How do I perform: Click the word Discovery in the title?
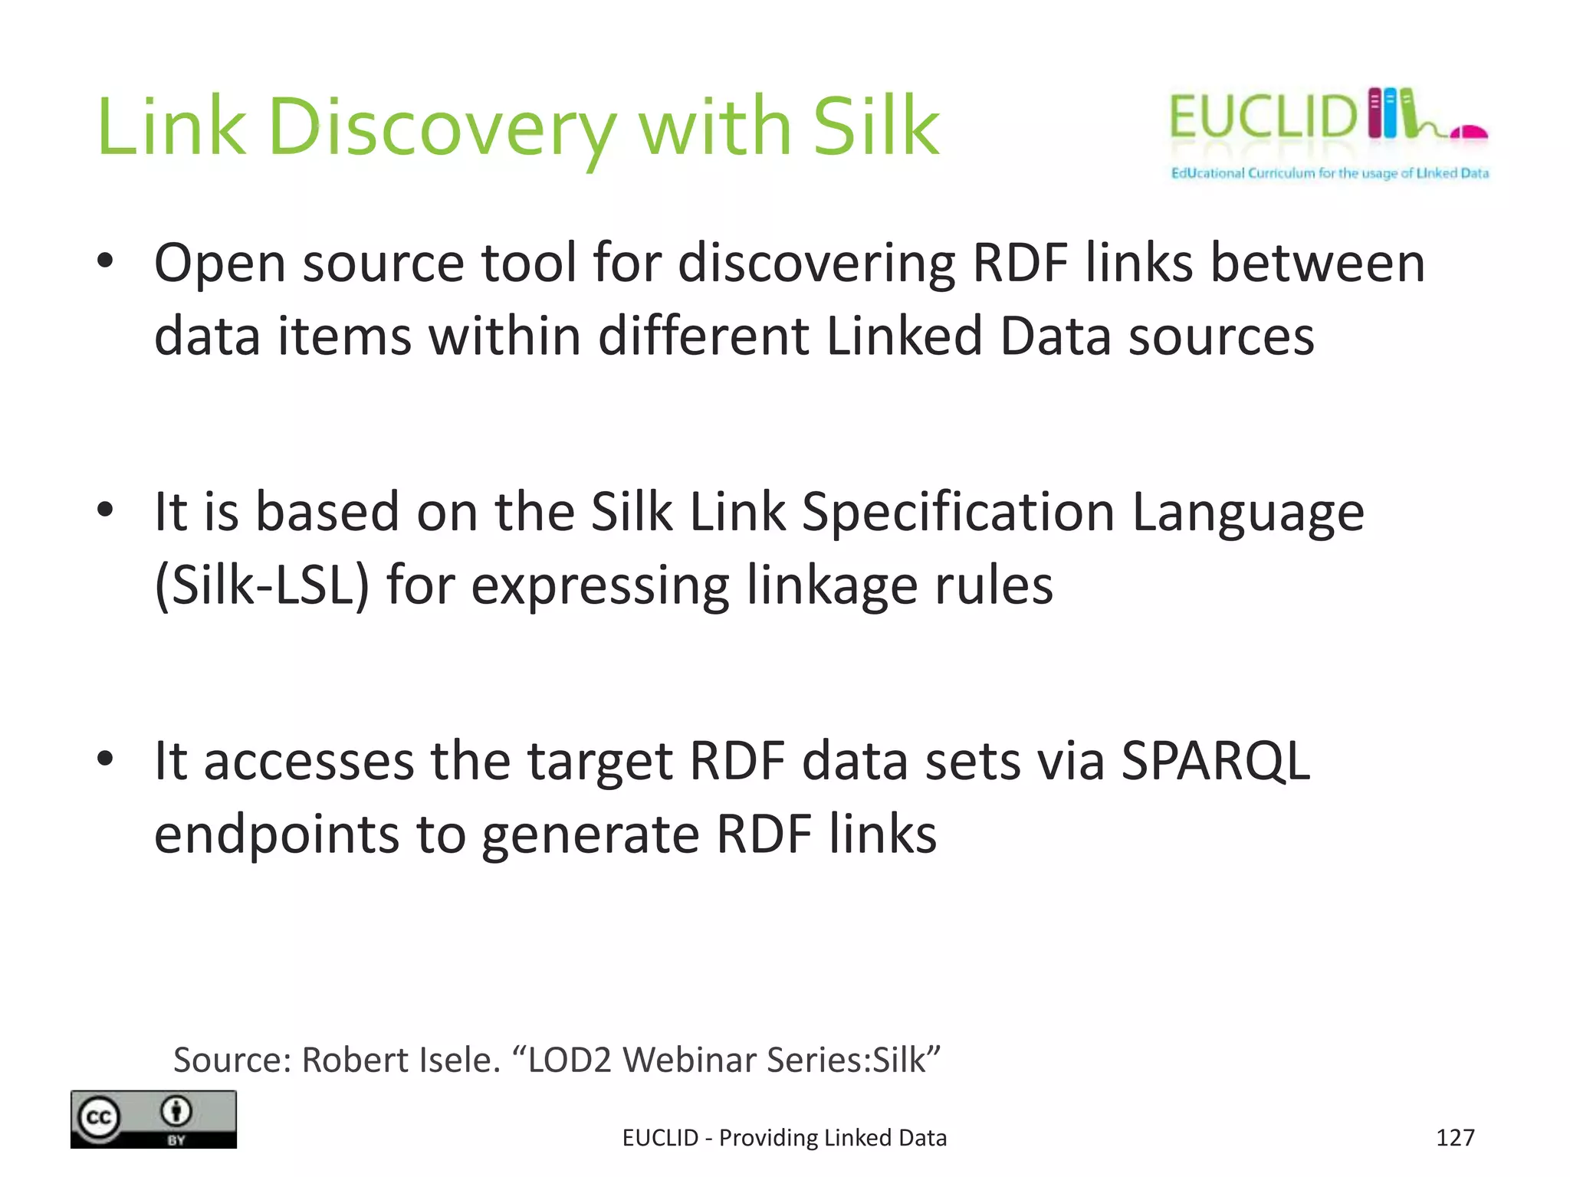(442, 127)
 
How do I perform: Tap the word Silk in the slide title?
(875, 126)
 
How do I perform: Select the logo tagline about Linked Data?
(1329, 173)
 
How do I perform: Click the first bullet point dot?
(106, 261)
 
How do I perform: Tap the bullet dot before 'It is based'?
(106, 510)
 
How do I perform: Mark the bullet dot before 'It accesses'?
(106, 759)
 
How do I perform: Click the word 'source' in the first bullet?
(383, 264)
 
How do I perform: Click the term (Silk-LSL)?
(261, 585)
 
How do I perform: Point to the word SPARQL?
(1215, 761)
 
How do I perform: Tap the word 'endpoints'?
(277, 835)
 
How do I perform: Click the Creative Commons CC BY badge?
(153, 1119)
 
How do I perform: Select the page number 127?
(1454, 1138)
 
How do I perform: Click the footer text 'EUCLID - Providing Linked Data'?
(784, 1138)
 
